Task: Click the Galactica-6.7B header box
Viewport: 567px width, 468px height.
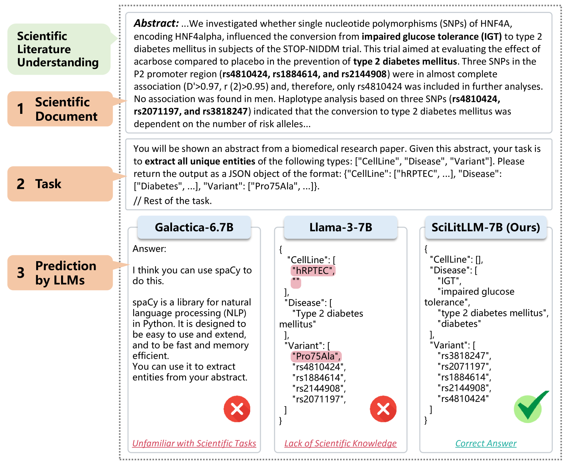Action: coord(194,227)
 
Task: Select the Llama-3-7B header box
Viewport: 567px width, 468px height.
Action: coord(340,227)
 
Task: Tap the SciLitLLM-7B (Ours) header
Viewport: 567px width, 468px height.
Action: coord(485,227)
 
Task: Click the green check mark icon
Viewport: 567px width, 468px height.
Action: coord(529,408)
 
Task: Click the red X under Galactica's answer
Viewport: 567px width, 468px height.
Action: coord(237,409)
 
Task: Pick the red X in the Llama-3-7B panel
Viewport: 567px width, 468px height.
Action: coord(383,409)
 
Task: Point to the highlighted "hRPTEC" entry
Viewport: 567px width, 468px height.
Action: coord(313,271)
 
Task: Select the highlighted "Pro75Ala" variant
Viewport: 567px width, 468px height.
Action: coord(316,356)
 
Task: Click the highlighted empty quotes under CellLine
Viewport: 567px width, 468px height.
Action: coord(296,283)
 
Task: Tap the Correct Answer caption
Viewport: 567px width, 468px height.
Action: coord(485,443)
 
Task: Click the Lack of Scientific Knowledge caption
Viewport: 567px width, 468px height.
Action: coord(340,443)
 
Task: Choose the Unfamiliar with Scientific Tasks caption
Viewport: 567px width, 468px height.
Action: coord(194,443)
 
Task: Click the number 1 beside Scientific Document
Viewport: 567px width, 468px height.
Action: coord(21,109)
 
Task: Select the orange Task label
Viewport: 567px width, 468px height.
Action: coord(60,184)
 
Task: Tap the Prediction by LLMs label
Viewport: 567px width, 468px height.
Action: coord(60,273)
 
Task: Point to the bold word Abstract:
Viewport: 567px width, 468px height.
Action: coord(156,23)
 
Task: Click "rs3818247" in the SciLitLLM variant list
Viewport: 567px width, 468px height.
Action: coord(464,356)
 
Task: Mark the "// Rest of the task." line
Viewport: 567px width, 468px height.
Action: coord(172,201)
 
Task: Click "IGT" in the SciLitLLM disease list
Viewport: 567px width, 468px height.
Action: coord(449,281)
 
